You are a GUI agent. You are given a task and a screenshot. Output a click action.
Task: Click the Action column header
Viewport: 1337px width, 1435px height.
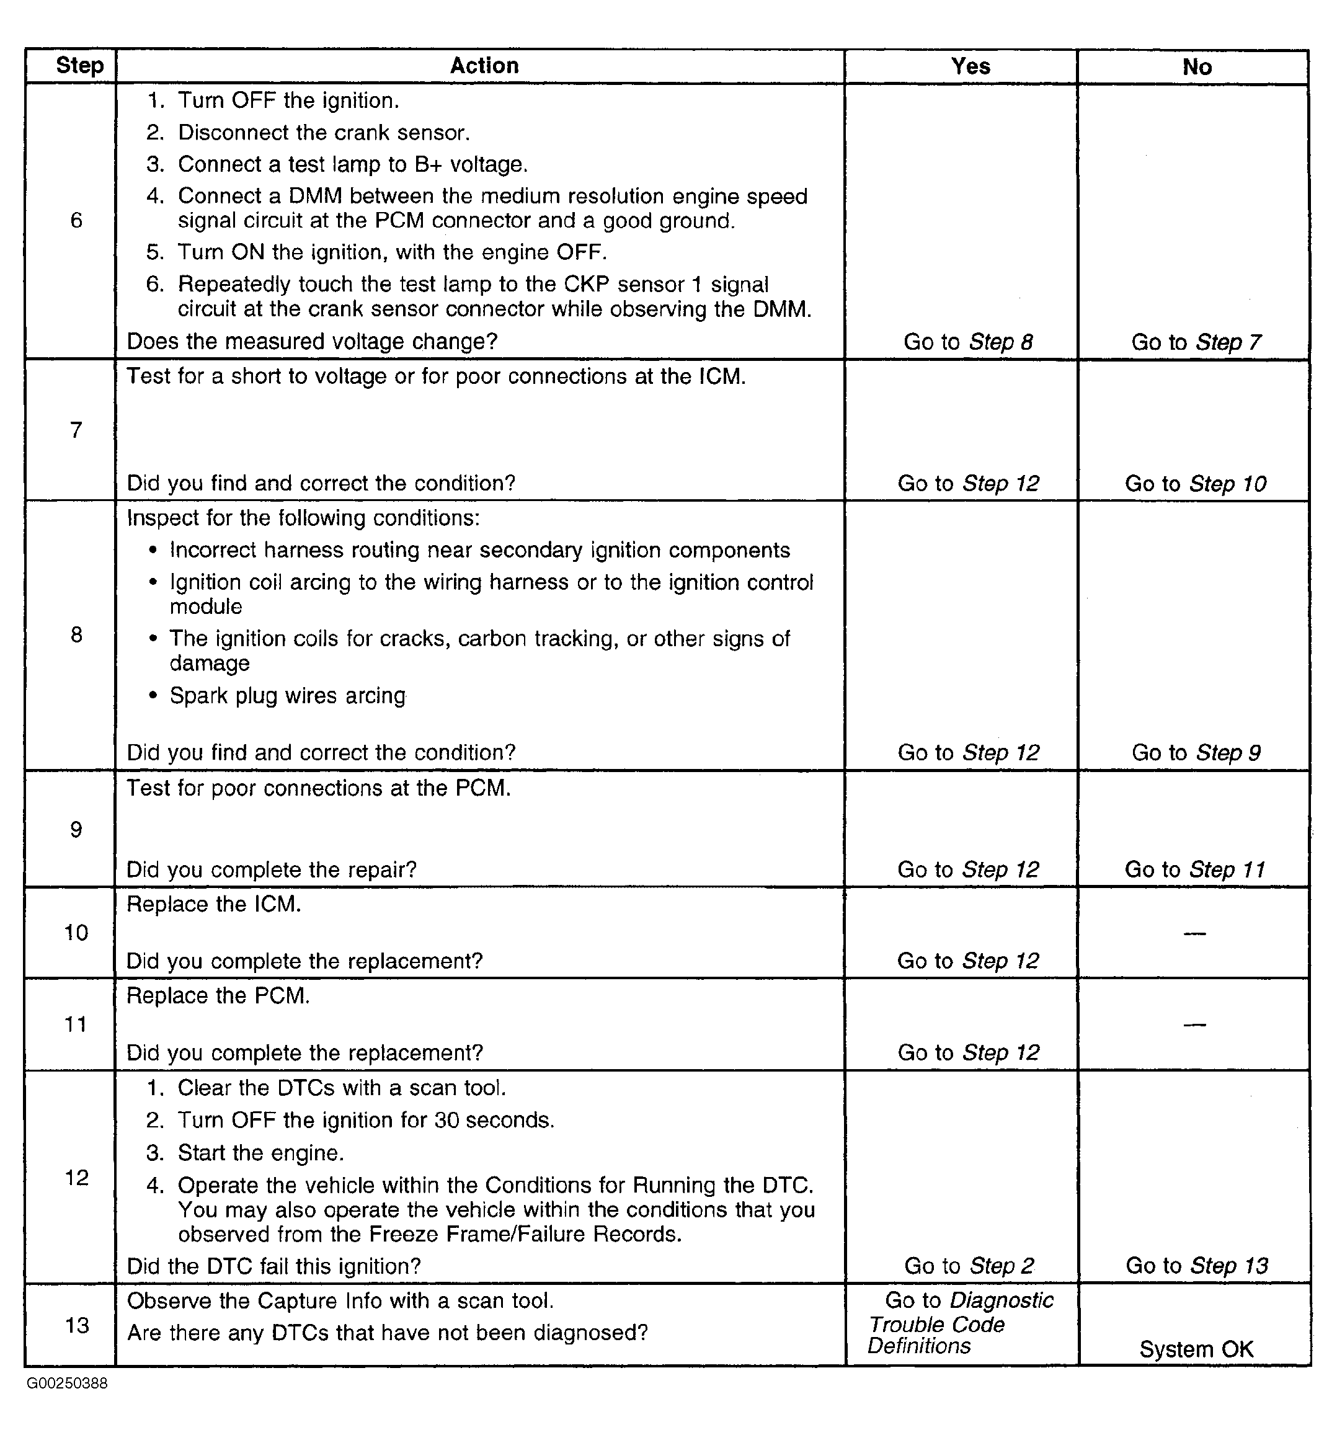pyautogui.click(x=484, y=66)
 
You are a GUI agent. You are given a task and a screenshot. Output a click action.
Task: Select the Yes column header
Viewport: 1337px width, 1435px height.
pyautogui.click(x=971, y=66)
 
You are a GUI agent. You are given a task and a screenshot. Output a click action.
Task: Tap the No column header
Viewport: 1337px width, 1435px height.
pyautogui.click(x=1196, y=67)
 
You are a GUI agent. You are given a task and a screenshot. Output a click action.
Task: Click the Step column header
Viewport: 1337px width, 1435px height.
pyautogui.click(x=79, y=65)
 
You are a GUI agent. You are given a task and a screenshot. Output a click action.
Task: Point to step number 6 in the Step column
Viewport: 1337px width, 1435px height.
pyautogui.click(x=76, y=220)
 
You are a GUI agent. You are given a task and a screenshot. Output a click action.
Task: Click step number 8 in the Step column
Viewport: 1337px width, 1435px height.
pyautogui.click(x=76, y=634)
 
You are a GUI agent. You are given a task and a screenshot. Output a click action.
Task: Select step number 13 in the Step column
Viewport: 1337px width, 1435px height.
pyautogui.click(x=76, y=1325)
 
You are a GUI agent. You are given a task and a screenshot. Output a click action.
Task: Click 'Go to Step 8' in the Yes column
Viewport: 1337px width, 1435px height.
pyautogui.click(x=968, y=342)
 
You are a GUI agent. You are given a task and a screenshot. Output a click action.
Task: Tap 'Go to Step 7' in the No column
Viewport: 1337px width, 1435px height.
pyautogui.click(x=1196, y=342)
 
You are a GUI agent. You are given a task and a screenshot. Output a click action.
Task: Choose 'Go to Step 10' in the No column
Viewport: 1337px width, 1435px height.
pyautogui.click(x=1196, y=483)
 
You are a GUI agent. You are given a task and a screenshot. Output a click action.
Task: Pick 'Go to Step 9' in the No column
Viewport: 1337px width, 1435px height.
pyautogui.click(x=1196, y=752)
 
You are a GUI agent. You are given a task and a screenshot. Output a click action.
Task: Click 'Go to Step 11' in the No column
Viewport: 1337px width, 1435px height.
pyautogui.click(x=1196, y=869)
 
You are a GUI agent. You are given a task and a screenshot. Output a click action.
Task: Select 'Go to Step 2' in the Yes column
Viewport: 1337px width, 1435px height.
pyautogui.click(x=969, y=1265)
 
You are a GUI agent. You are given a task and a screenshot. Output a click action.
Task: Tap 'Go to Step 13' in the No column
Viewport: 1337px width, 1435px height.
pyautogui.click(x=1196, y=1265)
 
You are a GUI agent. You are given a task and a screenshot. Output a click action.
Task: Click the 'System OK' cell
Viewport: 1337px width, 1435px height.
pyautogui.click(x=1196, y=1349)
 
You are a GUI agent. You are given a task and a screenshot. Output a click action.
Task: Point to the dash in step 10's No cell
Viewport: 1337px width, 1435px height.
pyautogui.click(x=1195, y=933)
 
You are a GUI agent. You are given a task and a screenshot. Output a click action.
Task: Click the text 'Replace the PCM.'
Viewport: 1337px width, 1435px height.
pyautogui.click(x=218, y=995)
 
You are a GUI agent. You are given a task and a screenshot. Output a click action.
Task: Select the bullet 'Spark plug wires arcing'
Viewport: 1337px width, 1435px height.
pyautogui.click(x=287, y=695)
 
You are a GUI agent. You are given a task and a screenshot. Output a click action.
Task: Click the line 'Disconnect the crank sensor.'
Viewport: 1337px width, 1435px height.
pyautogui.click(x=324, y=132)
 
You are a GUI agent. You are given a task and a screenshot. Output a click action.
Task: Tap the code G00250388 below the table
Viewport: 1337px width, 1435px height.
pyautogui.click(x=67, y=1384)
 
